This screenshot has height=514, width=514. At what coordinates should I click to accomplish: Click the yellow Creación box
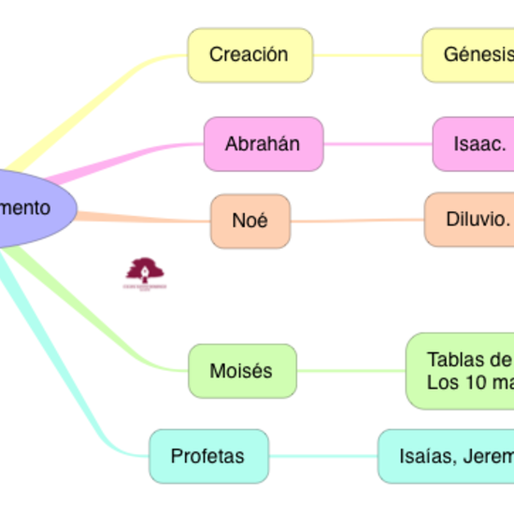point(250,54)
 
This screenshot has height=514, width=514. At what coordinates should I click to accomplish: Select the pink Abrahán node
point(263,144)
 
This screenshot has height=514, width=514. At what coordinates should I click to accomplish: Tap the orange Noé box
point(250,221)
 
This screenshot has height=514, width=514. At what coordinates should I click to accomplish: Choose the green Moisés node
point(242,371)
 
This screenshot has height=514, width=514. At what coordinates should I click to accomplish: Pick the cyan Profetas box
point(207,456)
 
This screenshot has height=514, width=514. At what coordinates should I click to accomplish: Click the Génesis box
point(468,54)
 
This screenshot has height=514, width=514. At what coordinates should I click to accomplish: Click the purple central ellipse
point(28,207)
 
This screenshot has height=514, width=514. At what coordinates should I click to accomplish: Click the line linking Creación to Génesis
point(367,54)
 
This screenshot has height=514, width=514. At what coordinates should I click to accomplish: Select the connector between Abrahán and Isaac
point(378,144)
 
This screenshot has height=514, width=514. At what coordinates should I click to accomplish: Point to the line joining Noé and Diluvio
point(356,221)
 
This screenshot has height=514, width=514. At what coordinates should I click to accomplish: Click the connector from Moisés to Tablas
point(351,371)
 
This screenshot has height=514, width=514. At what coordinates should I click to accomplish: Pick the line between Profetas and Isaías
point(322,456)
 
